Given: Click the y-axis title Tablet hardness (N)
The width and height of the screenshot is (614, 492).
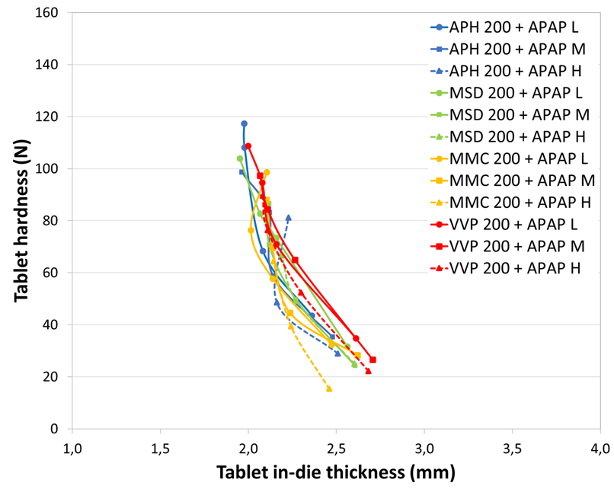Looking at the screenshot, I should pyautogui.click(x=23, y=221).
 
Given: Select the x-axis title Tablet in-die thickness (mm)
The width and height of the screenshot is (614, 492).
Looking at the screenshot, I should pyautogui.click(x=336, y=473).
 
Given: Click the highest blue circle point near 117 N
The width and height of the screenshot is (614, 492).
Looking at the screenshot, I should pyautogui.click(x=244, y=123).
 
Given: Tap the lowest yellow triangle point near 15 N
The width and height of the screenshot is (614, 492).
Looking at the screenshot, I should pyautogui.click(x=329, y=388).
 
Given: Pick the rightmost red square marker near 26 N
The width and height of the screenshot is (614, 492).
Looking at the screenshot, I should pyautogui.click(x=373, y=359).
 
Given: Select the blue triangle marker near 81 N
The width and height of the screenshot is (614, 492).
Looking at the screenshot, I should pyautogui.click(x=288, y=218).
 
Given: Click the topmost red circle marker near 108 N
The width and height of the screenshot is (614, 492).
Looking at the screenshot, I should pyautogui.click(x=248, y=146).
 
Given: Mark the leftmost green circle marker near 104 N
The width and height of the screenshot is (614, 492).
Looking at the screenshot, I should pyautogui.click(x=240, y=158).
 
